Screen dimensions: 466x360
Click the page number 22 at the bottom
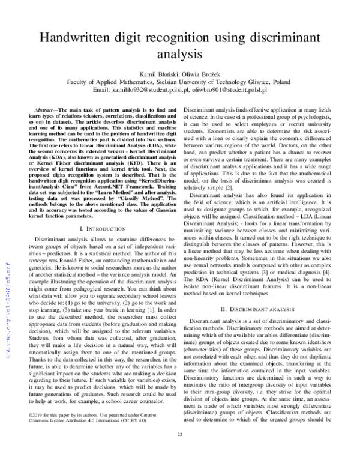click(x=179, y=451)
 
